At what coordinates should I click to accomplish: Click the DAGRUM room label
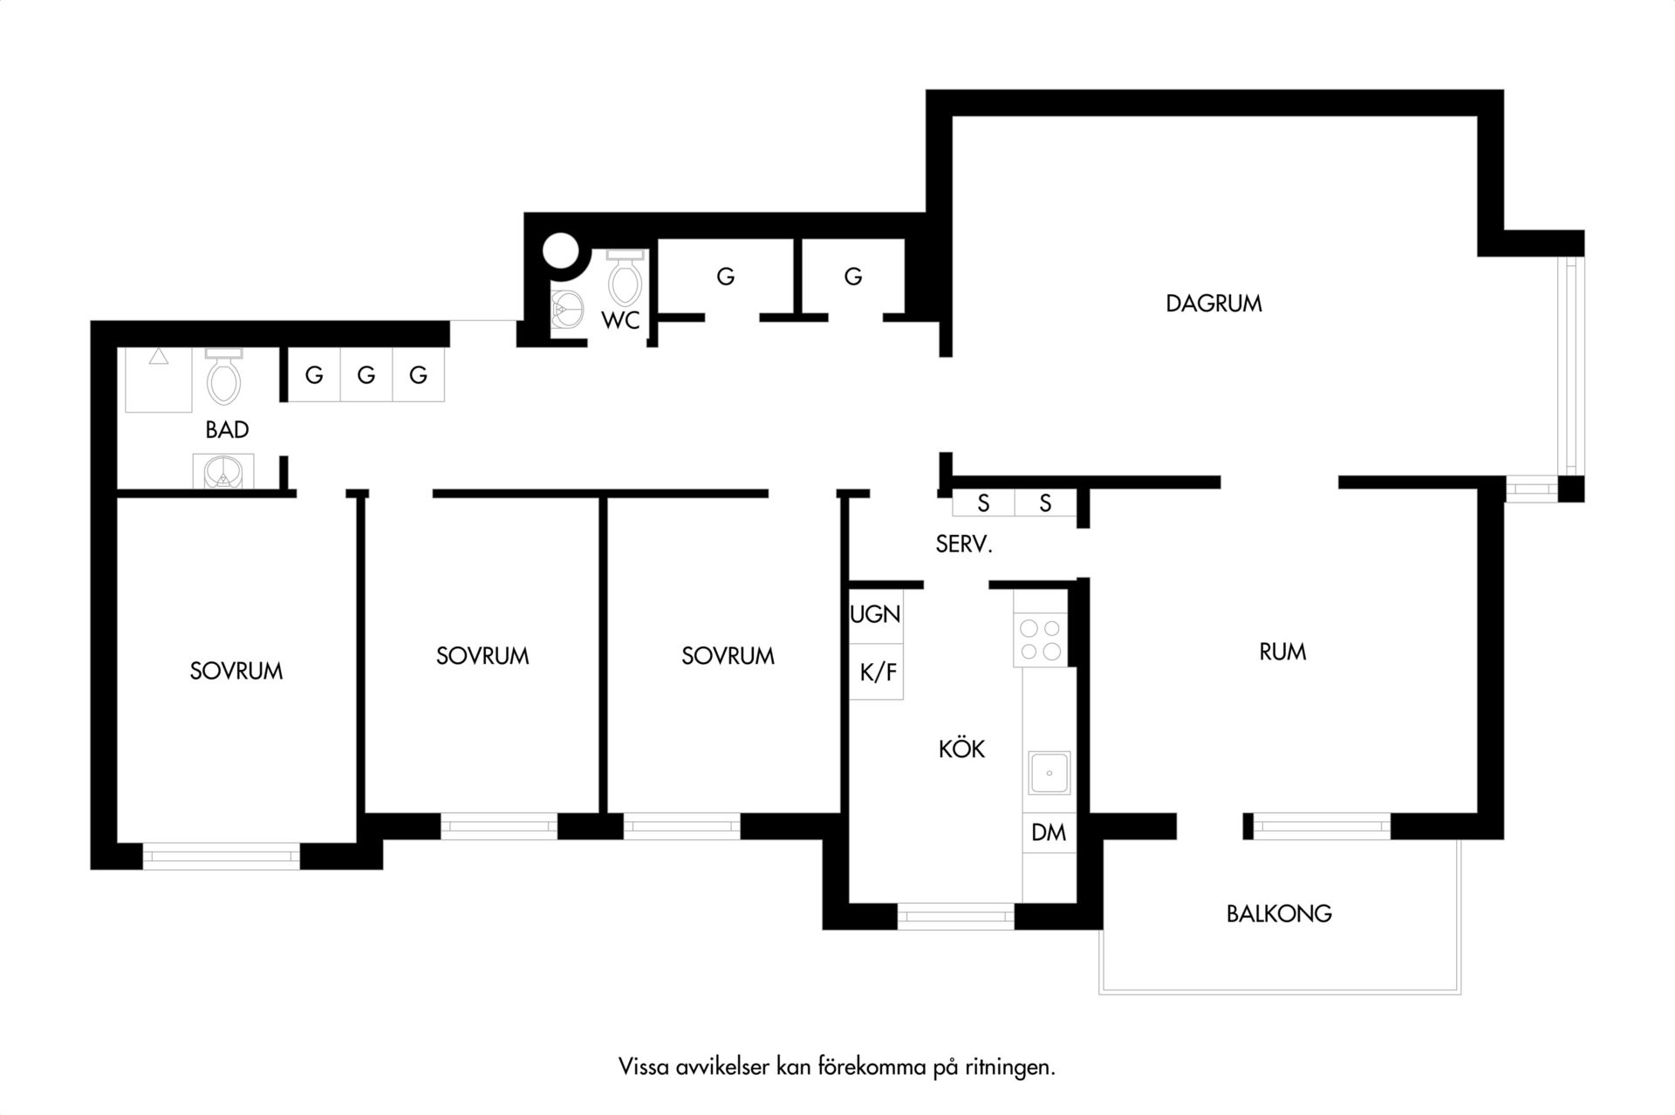1214,304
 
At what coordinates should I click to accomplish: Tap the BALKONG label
1279,913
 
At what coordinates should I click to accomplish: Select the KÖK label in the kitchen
961,748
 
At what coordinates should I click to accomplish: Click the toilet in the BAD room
223,375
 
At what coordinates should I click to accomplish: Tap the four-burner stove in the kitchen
1041,640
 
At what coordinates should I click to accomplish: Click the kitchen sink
1048,772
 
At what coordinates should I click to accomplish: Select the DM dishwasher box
1049,832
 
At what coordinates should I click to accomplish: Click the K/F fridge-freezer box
876,672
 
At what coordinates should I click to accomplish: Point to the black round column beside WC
561,250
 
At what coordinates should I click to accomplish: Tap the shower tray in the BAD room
158,380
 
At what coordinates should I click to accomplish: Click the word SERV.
964,544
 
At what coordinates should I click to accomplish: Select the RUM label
1282,652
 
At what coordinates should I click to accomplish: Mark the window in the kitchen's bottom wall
956,916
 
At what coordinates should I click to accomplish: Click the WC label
620,320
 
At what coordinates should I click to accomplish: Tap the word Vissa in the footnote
645,1067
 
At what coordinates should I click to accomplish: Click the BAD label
227,429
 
